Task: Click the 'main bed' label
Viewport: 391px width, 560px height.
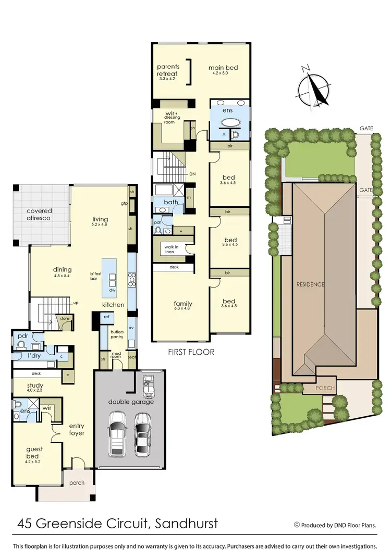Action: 221,68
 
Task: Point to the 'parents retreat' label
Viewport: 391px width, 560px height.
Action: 168,71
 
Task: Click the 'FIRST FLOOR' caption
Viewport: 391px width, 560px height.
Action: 191,352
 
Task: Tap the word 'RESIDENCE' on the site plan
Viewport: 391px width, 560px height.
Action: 311,284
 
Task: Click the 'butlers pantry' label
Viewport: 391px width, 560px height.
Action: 117,334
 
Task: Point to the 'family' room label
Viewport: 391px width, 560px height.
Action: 183,304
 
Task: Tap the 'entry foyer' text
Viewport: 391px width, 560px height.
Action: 77,429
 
